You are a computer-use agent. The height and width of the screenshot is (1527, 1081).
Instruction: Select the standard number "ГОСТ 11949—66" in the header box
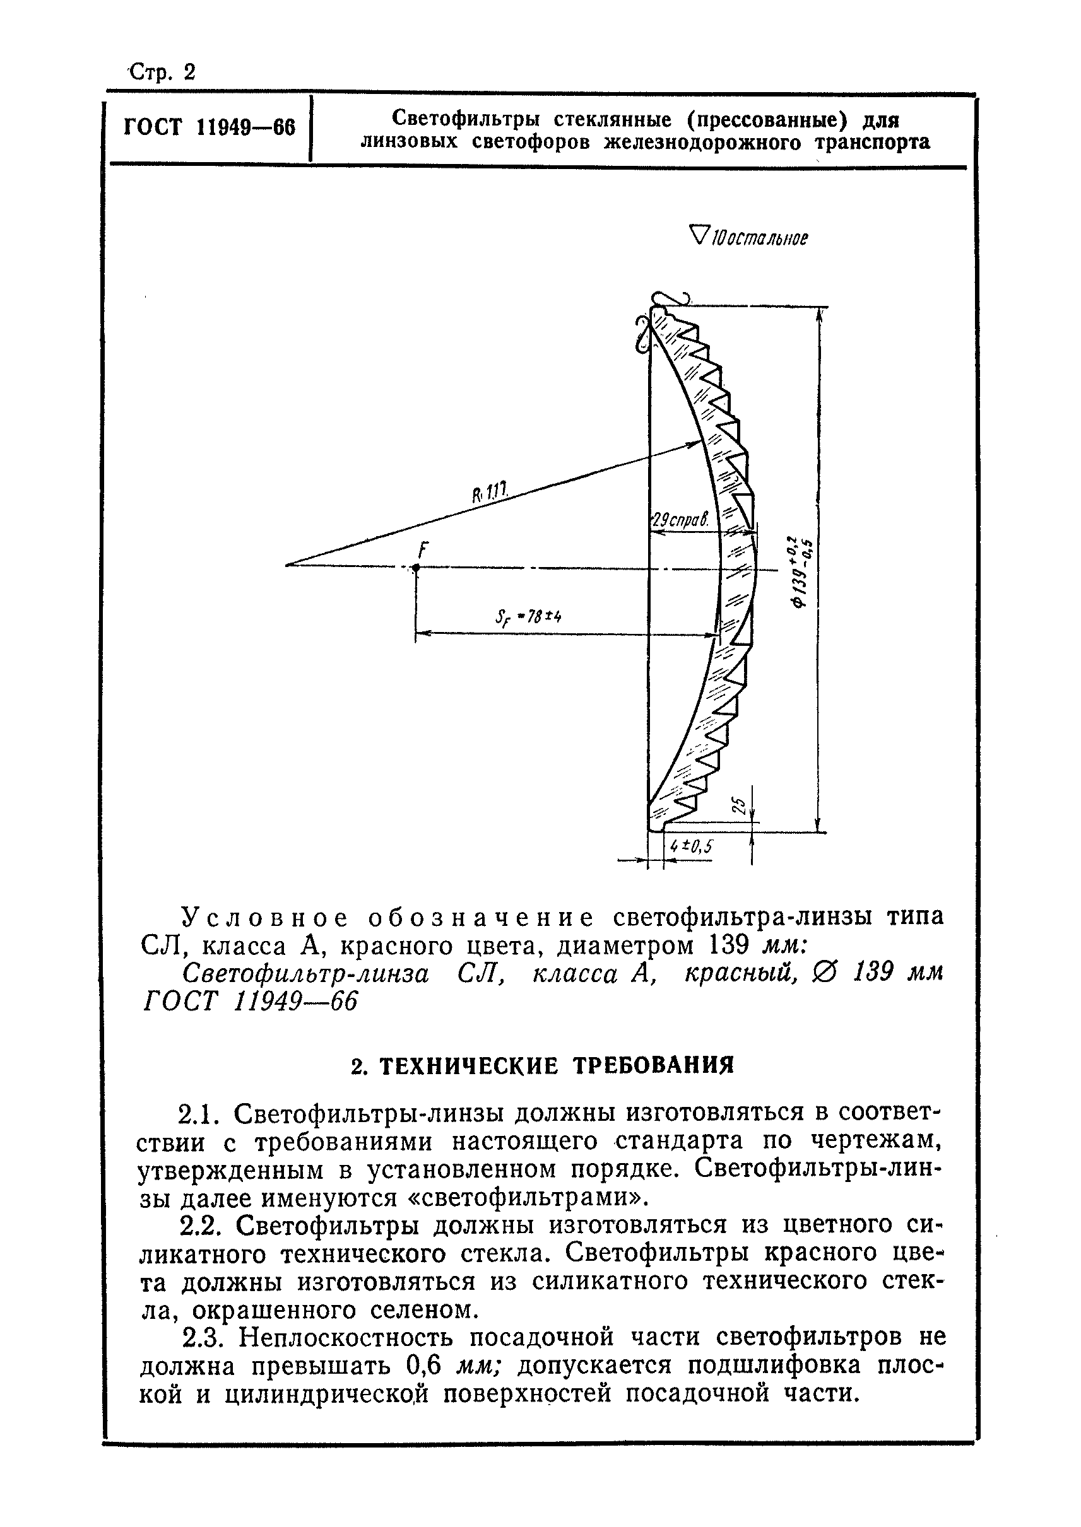(210, 126)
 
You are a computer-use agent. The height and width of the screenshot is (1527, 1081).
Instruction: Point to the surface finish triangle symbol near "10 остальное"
(700, 235)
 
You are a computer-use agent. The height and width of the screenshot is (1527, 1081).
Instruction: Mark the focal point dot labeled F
(415, 568)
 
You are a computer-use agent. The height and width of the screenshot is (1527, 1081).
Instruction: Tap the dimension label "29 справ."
(678, 520)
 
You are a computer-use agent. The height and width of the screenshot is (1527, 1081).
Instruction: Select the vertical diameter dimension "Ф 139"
(802, 571)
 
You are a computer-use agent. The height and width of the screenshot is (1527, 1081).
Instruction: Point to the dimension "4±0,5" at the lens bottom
(692, 846)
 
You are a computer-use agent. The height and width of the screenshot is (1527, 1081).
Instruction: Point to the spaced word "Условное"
(266, 918)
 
